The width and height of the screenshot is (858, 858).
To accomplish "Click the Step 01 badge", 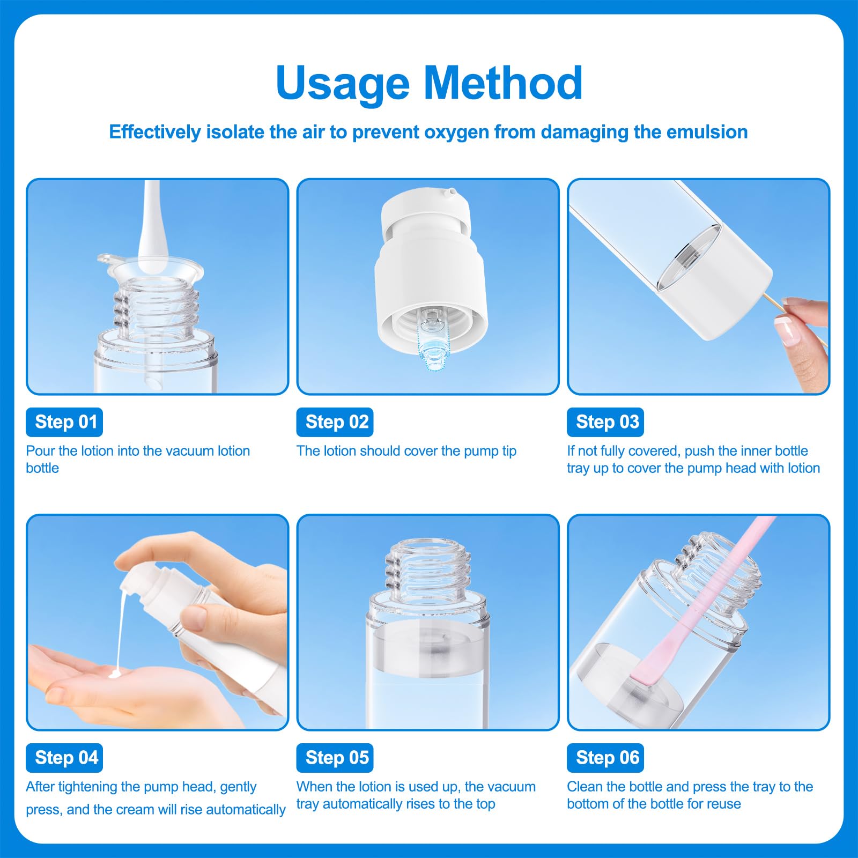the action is [x=64, y=422].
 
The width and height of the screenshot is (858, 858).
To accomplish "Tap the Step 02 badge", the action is [x=335, y=422].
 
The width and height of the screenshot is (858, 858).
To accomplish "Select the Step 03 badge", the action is [x=605, y=422].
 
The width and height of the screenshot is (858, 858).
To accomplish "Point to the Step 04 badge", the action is [x=64, y=758].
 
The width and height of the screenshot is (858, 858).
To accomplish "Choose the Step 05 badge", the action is [x=335, y=758].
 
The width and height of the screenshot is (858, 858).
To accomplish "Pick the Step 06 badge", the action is [x=605, y=758].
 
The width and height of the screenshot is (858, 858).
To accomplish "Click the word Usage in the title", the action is [x=343, y=84].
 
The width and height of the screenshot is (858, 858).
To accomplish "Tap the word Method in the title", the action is [x=503, y=83].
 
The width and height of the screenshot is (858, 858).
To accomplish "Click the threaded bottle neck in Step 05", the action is [x=428, y=568].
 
